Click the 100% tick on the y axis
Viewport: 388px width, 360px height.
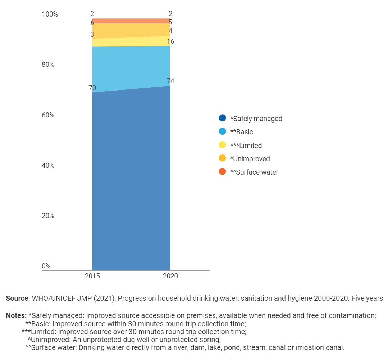[50, 14]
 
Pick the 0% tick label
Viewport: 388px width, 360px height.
[46, 266]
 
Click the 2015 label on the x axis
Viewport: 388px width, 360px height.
[92, 276]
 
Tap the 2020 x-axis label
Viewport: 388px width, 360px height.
[170, 276]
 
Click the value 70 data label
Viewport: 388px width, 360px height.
[92, 88]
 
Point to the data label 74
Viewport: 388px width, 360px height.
[170, 81]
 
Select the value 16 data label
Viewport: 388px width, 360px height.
[170, 42]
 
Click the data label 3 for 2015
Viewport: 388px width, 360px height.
[92, 34]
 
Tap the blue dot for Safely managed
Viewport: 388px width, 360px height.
[222, 118]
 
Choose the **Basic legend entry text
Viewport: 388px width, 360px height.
[242, 132]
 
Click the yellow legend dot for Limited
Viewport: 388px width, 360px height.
[222, 145]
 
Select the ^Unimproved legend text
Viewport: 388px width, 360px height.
[250, 159]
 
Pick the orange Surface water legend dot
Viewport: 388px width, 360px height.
[222, 172]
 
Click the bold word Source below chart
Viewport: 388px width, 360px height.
[17, 298]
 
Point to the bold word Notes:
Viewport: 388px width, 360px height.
[16, 316]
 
